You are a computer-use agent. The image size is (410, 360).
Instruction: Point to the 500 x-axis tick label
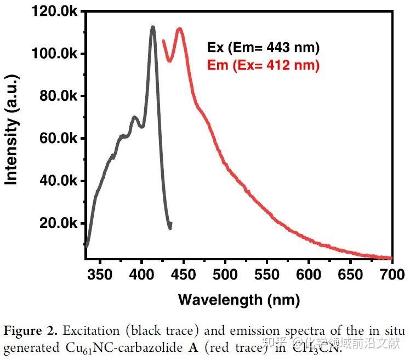point(225,274)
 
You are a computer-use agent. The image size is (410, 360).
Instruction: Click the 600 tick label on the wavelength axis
point(309,274)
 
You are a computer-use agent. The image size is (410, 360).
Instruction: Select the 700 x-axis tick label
point(392,274)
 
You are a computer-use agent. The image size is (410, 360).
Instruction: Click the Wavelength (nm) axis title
point(239,299)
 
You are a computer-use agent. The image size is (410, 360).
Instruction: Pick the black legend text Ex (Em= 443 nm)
point(263,48)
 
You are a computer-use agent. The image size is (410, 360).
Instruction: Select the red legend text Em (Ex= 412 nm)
point(263,66)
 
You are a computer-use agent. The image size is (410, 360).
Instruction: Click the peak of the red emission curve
point(179,28)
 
